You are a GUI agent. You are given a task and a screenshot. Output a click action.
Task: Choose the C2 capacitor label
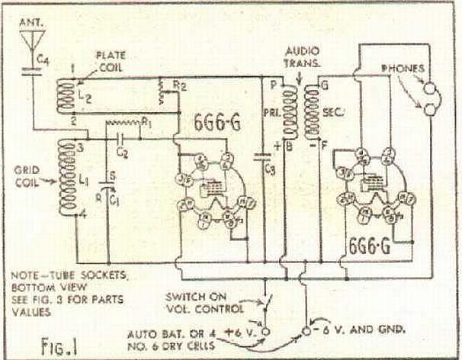(x=123, y=153)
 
